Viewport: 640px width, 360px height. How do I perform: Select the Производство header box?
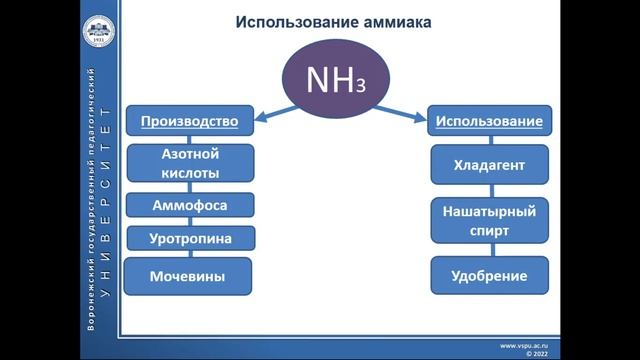tap(189, 122)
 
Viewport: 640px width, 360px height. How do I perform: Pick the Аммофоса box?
tap(189, 205)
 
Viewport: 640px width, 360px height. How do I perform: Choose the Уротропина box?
tap(189, 238)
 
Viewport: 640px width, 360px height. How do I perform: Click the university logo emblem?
tap(97, 33)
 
